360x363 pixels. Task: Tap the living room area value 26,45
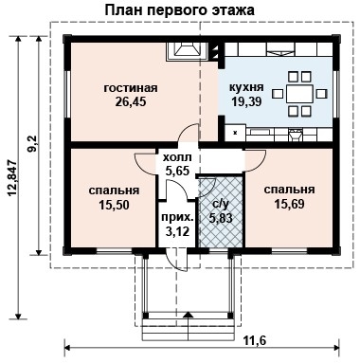[x=130, y=102]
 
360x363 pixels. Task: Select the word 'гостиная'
[x=130, y=88]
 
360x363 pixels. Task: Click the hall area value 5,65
[x=177, y=172]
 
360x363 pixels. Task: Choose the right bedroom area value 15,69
[x=289, y=203]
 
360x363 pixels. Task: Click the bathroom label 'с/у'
[x=220, y=203]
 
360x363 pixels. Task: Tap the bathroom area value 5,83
[x=220, y=217]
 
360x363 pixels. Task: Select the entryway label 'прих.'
[x=176, y=217]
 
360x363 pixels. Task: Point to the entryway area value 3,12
[x=176, y=230]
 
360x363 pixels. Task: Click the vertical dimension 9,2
[x=32, y=144]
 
